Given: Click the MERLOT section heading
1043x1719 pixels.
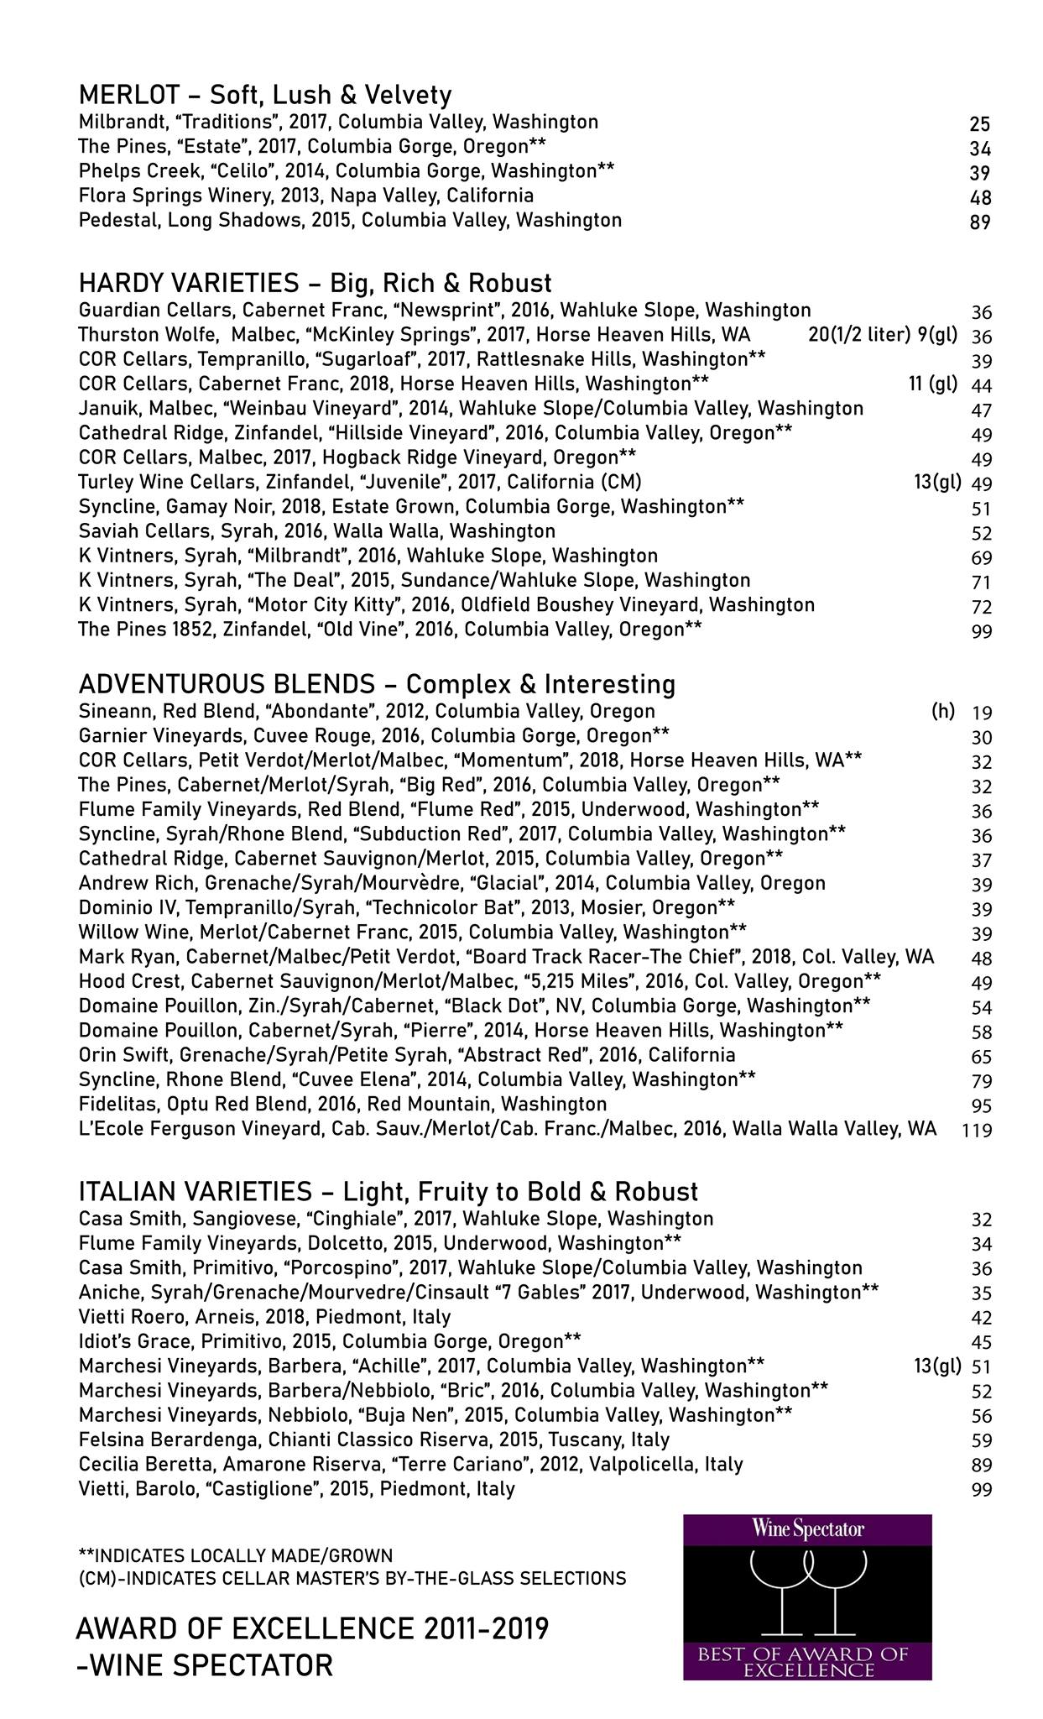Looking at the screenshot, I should [265, 94].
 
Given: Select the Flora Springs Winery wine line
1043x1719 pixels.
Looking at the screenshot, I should [306, 196].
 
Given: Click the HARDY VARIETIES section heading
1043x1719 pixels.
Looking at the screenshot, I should [315, 282].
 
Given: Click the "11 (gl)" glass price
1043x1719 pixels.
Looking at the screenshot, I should [932, 384].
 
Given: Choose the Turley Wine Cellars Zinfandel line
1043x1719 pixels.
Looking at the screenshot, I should [360, 483].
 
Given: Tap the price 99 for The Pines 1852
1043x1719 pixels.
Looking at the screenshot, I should [982, 631].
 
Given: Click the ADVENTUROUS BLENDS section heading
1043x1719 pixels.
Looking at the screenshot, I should [377, 684].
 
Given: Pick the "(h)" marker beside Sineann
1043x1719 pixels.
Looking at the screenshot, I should [943, 711].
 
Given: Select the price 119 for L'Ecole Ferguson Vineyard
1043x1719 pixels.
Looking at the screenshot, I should [978, 1131].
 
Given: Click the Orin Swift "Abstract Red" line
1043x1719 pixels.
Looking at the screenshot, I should [407, 1055].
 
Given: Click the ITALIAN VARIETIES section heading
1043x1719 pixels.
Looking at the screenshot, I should [388, 1191].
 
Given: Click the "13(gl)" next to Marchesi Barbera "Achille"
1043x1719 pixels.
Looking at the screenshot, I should [937, 1366].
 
